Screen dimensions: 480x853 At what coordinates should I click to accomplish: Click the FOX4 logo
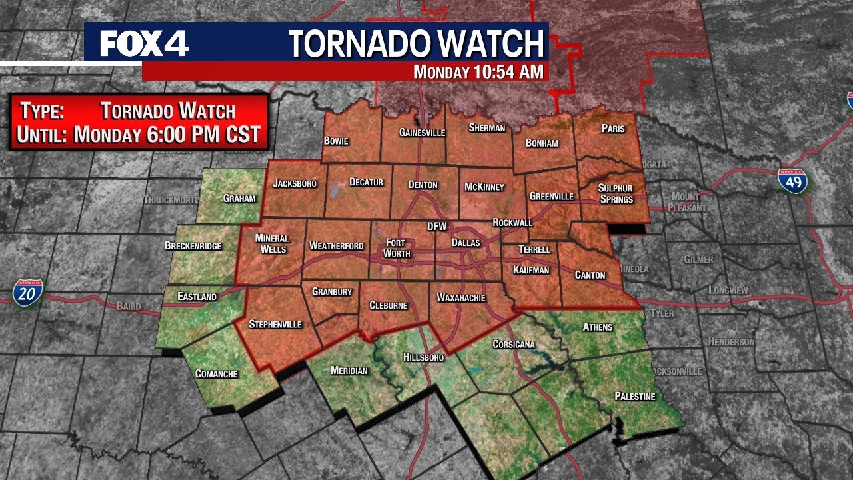144,44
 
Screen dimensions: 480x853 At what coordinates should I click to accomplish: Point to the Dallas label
466,243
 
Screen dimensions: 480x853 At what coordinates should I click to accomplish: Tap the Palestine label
635,397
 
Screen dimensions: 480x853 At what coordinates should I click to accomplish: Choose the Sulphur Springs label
615,193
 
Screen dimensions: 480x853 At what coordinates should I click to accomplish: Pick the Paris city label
613,128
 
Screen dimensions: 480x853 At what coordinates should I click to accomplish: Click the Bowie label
337,141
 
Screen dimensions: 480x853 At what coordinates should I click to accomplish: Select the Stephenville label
275,324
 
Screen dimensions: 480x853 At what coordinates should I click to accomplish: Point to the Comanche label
217,374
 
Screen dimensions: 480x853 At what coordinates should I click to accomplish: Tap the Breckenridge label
193,246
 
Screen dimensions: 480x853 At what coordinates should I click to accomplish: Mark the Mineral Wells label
272,244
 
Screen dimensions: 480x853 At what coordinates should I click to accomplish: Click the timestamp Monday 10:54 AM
478,72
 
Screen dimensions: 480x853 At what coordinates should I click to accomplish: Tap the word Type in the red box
41,111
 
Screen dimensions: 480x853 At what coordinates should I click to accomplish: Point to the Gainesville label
422,133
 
